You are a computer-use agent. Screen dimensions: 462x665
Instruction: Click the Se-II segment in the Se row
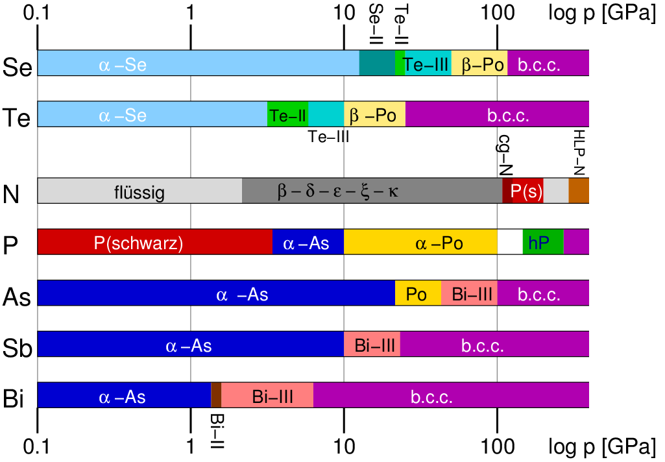377,63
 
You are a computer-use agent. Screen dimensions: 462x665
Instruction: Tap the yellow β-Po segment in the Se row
479,63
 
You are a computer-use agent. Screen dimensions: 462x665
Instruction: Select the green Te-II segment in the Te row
287,114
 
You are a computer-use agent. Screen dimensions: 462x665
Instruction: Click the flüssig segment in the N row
139,191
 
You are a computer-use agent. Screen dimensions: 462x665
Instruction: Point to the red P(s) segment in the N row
527,191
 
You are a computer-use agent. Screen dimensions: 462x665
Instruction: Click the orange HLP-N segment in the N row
579,191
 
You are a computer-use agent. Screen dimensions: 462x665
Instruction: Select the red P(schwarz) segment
154,242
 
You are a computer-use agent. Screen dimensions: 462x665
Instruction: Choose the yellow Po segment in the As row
417,293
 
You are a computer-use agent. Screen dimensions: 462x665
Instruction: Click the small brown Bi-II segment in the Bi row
216,395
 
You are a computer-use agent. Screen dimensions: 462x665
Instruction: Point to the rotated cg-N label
505,156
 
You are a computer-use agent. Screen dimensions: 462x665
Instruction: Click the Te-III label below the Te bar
329,137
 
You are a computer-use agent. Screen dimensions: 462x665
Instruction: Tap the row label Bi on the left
14,398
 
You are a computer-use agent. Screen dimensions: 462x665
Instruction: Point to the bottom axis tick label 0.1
38,447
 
